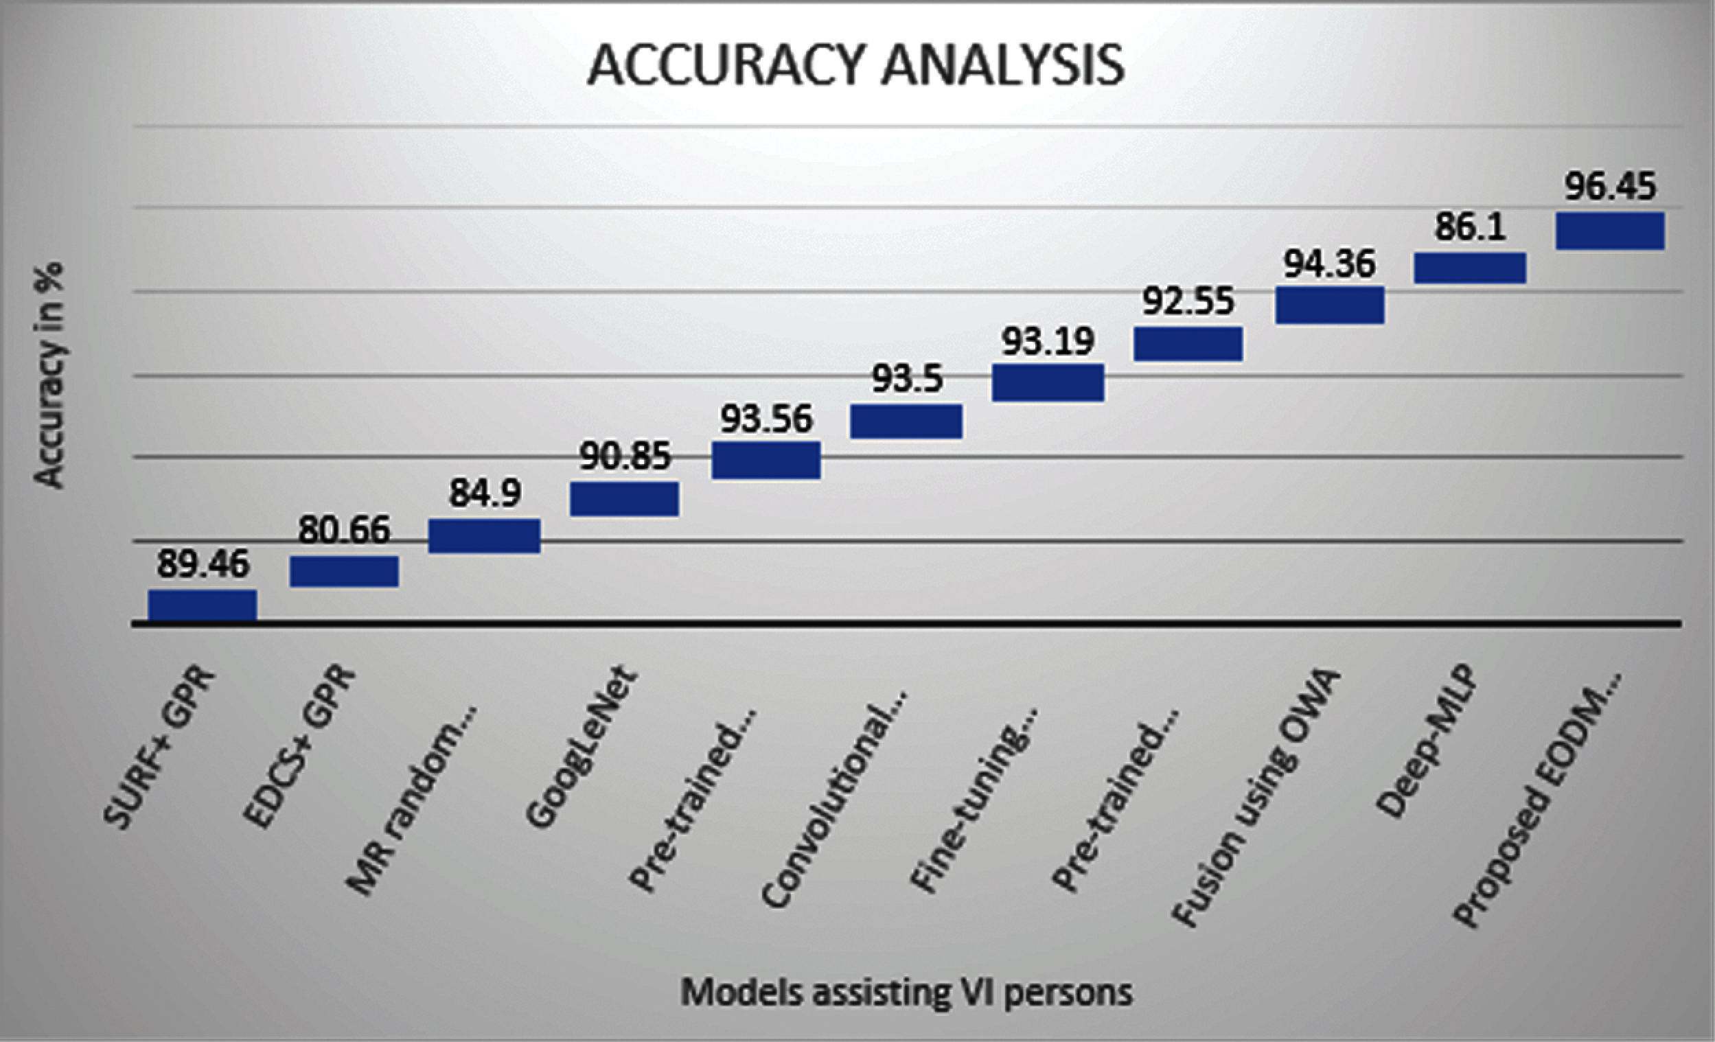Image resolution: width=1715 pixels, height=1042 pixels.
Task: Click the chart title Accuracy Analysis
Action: [x=855, y=65]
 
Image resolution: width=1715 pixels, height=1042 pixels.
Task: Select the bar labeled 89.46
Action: [x=203, y=604]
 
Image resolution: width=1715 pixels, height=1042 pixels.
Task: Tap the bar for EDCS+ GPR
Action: [x=344, y=571]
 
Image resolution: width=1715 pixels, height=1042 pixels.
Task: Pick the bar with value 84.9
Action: [x=485, y=535]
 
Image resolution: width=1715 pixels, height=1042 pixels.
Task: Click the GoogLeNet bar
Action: [x=624, y=498]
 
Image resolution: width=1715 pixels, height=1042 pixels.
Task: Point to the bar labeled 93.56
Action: [x=766, y=460]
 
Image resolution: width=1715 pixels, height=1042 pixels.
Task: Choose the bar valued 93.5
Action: [x=906, y=421]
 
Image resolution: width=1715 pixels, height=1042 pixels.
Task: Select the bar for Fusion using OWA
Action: [x=1329, y=305]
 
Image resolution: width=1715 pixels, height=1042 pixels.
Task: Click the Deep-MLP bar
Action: [x=1470, y=268]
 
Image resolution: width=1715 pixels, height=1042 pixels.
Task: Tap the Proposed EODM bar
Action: [x=1611, y=231]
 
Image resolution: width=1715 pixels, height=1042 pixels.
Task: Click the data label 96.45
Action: [x=1611, y=187]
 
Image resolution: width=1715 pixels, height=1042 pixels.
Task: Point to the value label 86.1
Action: [x=1470, y=227]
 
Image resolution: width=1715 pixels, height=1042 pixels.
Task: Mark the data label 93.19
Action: [x=1048, y=341]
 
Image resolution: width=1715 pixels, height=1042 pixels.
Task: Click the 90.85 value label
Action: [x=625, y=456]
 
